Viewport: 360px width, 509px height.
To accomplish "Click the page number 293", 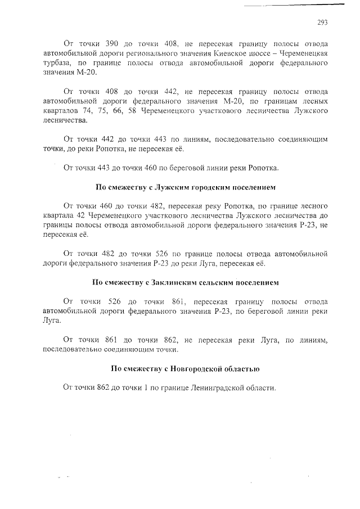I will point(322,22).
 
